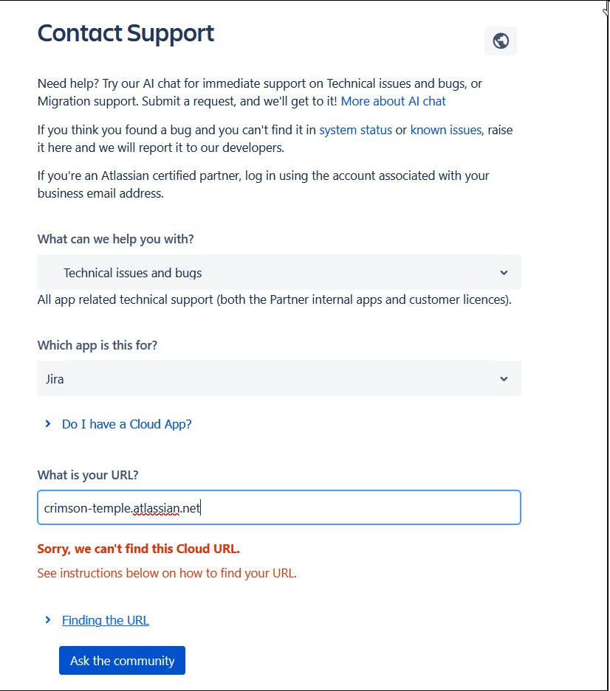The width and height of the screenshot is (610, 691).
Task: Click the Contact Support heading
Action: tap(126, 34)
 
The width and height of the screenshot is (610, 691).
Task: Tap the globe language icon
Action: tap(501, 41)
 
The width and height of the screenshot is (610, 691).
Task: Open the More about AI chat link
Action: tap(393, 101)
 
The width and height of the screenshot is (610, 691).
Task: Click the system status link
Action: tap(355, 130)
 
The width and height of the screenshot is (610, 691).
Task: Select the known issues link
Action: tap(445, 130)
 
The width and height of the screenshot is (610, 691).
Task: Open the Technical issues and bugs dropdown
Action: tap(278, 273)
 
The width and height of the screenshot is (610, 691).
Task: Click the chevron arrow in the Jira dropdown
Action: tap(504, 379)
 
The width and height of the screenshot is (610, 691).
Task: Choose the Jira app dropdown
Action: tap(278, 379)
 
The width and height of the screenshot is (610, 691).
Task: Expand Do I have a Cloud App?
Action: tap(126, 424)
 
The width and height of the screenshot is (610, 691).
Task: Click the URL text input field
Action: tap(278, 508)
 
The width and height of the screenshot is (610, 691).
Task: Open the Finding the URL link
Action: tap(106, 620)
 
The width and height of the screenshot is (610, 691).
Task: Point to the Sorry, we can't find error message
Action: tap(139, 549)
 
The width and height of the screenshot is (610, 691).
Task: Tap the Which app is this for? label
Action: tap(97, 345)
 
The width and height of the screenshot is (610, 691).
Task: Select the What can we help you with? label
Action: tap(115, 240)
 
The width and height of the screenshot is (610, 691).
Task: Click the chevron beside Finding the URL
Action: tap(48, 620)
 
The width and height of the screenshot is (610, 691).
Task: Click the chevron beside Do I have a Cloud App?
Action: tap(48, 424)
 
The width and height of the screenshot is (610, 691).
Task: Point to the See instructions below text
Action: tap(167, 573)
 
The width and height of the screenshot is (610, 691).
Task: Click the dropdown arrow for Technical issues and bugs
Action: tap(504, 273)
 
